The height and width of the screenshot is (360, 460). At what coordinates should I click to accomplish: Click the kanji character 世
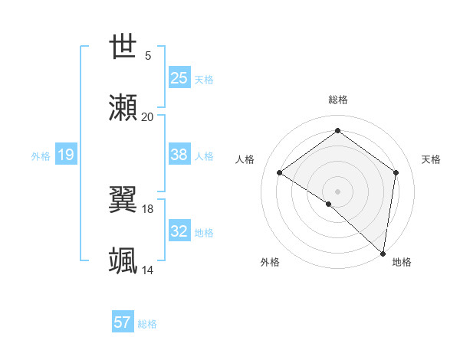click(123, 47)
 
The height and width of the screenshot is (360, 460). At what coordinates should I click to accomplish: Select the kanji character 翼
click(123, 200)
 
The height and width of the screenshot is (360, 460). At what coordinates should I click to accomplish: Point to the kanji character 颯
click(123, 260)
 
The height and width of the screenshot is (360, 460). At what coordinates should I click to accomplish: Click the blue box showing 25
click(179, 77)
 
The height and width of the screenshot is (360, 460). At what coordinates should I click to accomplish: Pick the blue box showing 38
click(179, 155)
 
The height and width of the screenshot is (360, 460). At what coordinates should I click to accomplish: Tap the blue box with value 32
click(179, 231)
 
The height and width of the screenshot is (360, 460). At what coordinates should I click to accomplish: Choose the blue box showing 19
click(65, 155)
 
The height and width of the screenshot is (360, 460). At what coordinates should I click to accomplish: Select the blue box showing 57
click(123, 322)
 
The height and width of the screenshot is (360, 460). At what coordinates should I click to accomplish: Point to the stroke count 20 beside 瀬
click(147, 116)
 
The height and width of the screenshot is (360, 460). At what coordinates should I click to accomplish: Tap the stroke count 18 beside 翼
click(148, 208)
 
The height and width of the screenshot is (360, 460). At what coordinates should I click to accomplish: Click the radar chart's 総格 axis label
click(337, 100)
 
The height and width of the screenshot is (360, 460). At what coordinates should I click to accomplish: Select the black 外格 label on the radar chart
click(270, 262)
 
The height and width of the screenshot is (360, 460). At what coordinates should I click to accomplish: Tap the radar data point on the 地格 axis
click(383, 253)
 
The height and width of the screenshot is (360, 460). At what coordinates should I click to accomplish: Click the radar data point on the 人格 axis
click(280, 173)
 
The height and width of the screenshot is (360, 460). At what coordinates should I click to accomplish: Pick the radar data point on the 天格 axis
click(396, 173)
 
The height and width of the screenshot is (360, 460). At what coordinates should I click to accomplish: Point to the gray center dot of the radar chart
click(337, 191)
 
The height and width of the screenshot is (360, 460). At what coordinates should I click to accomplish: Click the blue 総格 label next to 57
click(147, 324)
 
